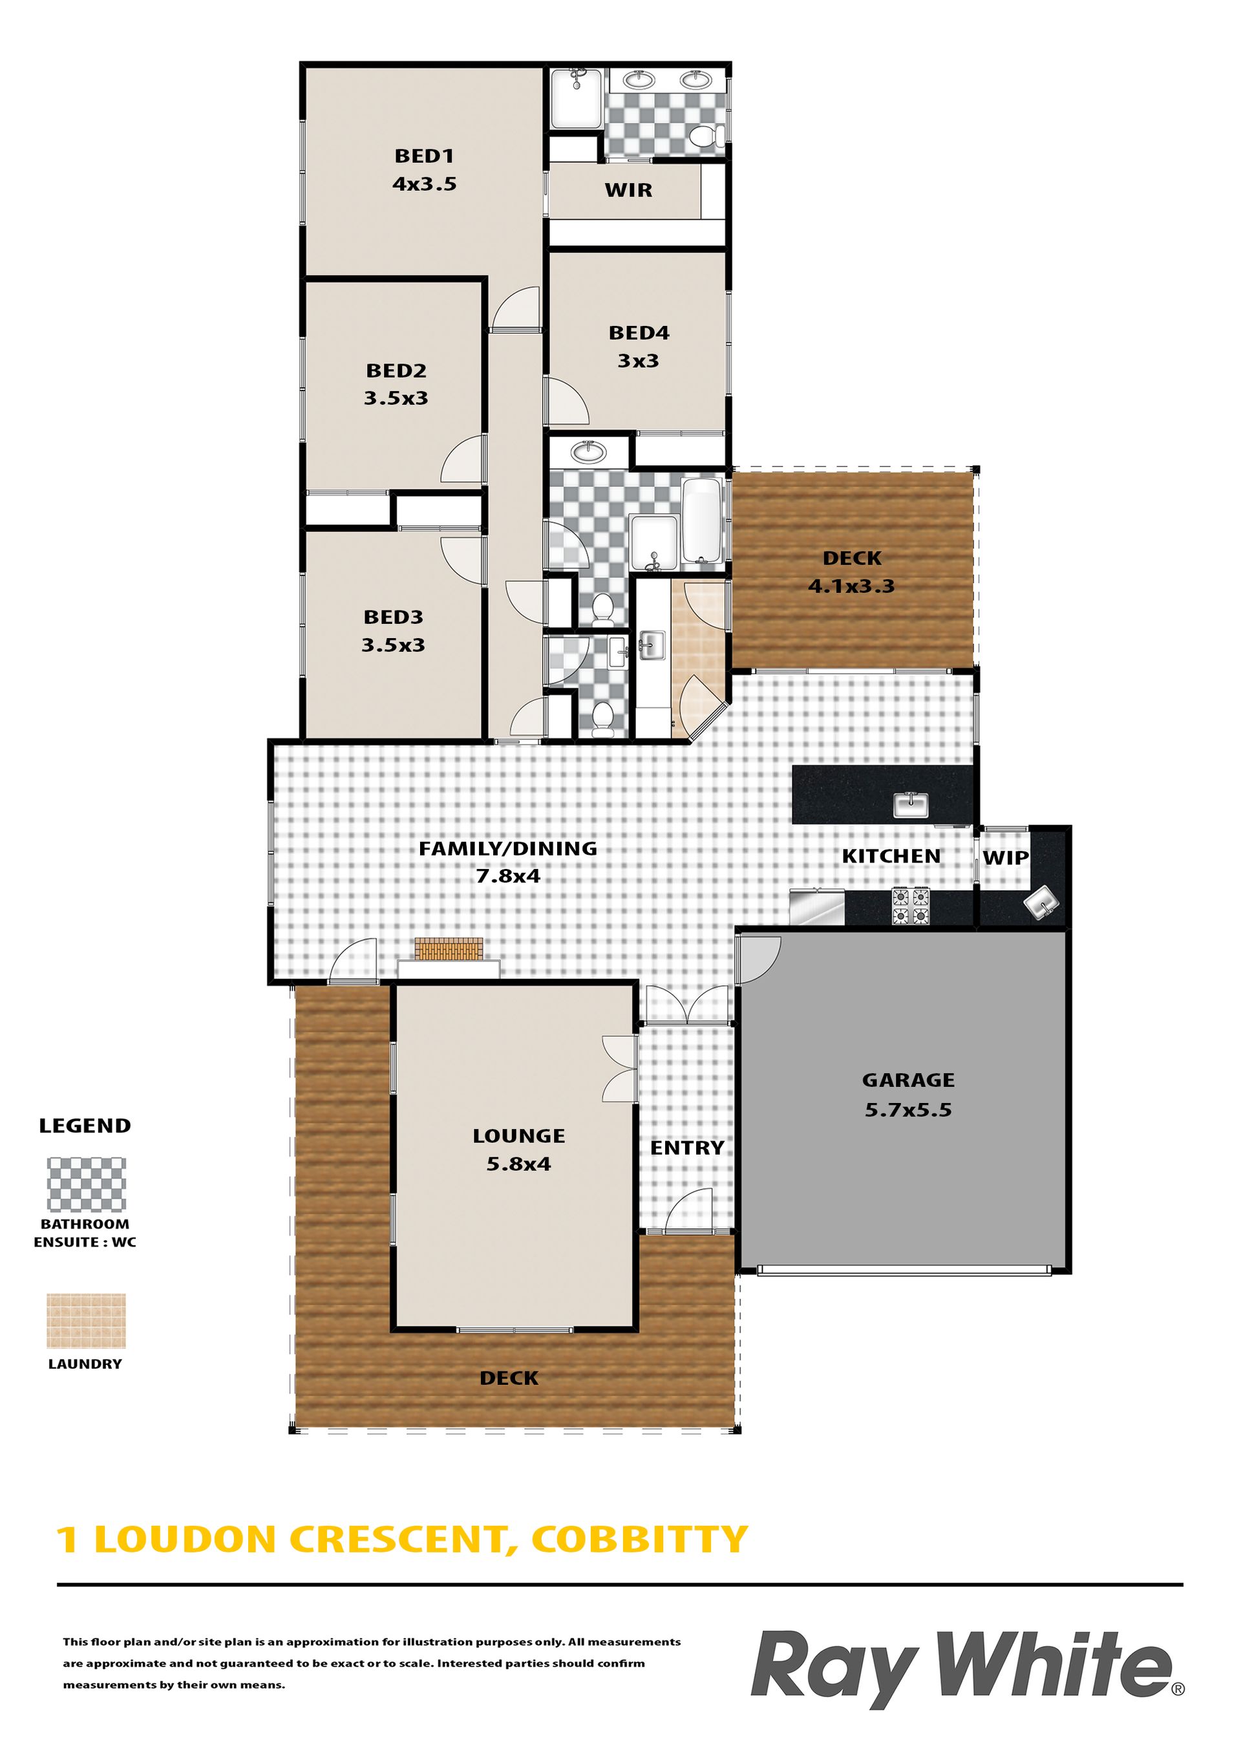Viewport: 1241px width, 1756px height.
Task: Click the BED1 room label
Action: (425, 156)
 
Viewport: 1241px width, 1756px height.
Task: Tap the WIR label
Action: (628, 191)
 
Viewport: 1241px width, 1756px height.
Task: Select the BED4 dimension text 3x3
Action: (639, 360)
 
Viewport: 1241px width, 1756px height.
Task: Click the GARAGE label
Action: (908, 1080)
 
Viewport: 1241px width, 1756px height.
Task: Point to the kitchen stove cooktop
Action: (911, 906)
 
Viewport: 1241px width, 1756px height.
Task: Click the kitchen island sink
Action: (911, 806)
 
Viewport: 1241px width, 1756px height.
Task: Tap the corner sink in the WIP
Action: (1041, 903)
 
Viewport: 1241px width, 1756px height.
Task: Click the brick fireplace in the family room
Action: (449, 949)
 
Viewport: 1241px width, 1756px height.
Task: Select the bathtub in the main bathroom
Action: (701, 521)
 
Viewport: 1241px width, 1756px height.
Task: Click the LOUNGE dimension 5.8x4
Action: (518, 1164)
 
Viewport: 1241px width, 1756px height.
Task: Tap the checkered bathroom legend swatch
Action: (87, 1184)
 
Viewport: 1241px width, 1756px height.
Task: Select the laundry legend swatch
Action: (87, 1321)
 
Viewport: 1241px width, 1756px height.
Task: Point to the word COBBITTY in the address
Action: (639, 1539)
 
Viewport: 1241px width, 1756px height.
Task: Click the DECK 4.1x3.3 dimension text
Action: (851, 586)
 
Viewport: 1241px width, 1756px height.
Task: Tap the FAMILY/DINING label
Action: (508, 848)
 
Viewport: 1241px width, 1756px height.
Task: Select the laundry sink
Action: (651, 645)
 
